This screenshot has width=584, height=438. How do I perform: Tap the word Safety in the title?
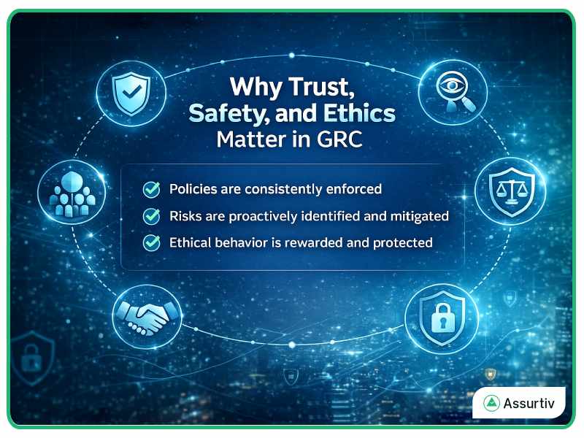(x=229, y=113)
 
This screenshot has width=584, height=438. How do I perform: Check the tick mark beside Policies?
(x=152, y=190)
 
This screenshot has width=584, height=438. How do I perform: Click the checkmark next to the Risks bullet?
(x=152, y=216)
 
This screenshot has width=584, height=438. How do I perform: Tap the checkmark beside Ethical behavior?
(x=152, y=243)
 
